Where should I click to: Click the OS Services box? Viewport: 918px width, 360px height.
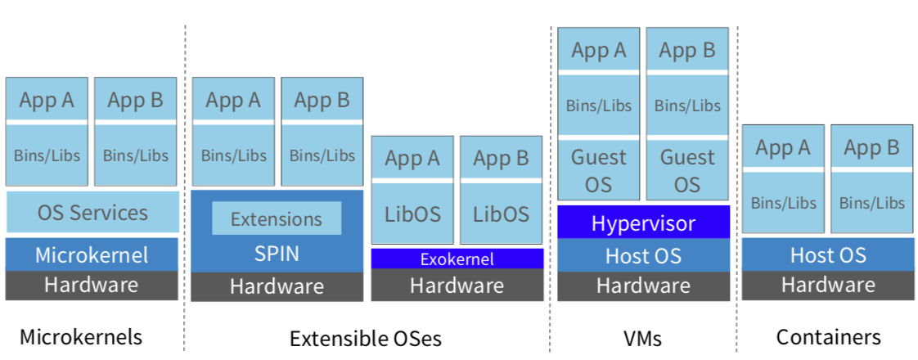tap(92, 212)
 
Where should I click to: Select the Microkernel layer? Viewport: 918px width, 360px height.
tap(92, 254)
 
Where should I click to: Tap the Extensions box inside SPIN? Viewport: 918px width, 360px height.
tap(277, 218)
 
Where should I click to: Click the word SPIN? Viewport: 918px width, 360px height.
tap(277, 254)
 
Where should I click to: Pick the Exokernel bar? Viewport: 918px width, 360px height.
tap(457, 259)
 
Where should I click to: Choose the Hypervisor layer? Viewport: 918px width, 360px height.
tap(643, 223)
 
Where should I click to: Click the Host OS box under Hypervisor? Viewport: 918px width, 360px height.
tap(643, 255)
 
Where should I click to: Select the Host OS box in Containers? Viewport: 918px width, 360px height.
tap(828, 255)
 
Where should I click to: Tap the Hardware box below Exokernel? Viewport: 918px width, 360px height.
tap(457, 285)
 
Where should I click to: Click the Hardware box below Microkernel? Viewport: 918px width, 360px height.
tap(92, 285)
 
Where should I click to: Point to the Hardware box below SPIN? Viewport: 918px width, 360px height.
tap(277, 287)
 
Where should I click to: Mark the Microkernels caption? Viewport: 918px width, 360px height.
tap(81, 337)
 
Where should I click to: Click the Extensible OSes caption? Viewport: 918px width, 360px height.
tap(366, 339)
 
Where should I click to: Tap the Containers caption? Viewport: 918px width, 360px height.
tap(829, 337)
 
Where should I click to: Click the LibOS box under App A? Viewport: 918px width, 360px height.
tap(412, 213)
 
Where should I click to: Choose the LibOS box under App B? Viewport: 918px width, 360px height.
tap(502, 213)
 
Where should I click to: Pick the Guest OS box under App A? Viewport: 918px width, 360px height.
tap(599, 170)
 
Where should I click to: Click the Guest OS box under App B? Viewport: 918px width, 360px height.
tap(687, 170)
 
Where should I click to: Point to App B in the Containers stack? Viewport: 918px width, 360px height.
tap(871, 147)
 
